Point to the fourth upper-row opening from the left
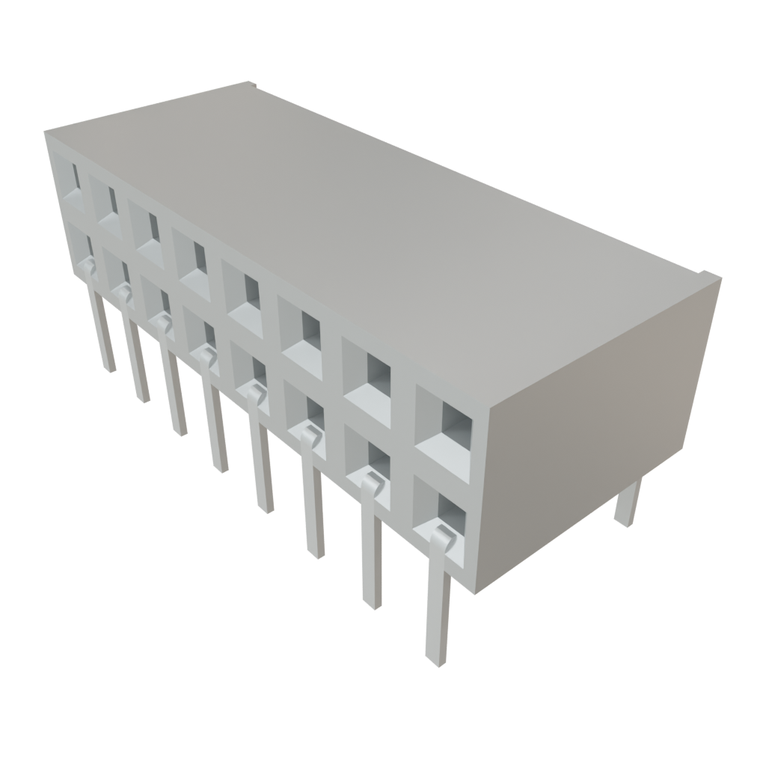click(x=191, y=262)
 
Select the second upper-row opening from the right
click(x=368, y=382)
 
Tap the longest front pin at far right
click(x=438, y=613)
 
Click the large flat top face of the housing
click(x=374, y=224)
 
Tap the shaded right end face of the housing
click(x=591, y=419)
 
